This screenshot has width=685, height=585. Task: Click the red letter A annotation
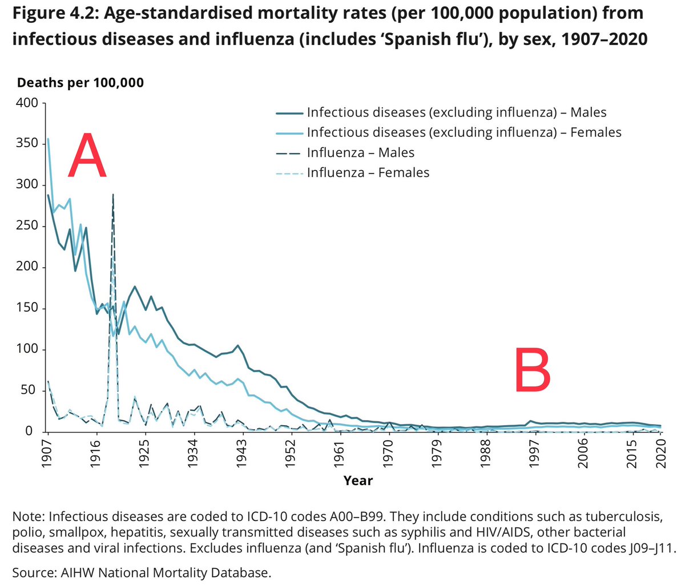click(87, 155)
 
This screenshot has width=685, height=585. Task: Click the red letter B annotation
click(533, 369)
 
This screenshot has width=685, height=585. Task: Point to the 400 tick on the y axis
click(27, 103)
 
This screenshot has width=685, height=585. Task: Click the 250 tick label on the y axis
click(27, 225)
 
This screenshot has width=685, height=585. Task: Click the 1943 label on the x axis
click(241, 453)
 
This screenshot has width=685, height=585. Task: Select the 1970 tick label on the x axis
click(388, 453)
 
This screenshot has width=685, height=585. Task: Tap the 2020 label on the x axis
click(661, 453)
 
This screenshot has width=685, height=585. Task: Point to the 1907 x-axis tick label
click(47, 453)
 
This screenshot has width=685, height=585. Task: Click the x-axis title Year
click(358, 481)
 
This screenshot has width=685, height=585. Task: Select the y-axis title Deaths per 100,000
click(80, 83)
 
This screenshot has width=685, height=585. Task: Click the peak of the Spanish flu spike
click(114, 195)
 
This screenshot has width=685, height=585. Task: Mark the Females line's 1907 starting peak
click(48, 139)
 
